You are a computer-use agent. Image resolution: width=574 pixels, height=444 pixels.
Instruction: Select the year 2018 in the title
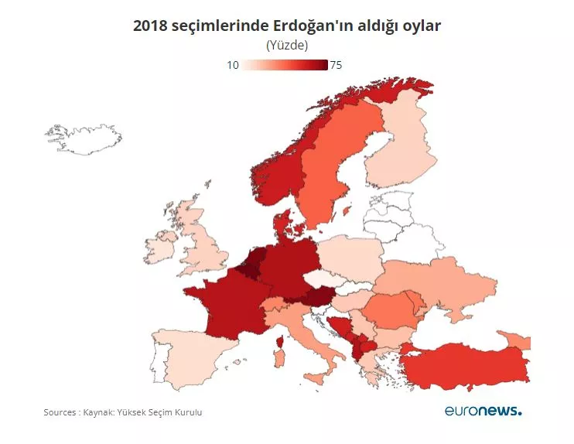(x=150, y=26)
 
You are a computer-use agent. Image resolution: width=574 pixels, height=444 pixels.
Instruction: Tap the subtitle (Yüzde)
(x=287, y=46)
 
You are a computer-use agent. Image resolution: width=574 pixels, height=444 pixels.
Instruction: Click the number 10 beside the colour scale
(x=232, y=65)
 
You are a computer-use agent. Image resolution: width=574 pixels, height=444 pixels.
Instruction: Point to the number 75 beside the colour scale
(x=336, y=65)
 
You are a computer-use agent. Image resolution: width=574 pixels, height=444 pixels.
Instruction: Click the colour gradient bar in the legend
(x=285, y=65)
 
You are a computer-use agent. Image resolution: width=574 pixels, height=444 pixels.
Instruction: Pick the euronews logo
(x=483, y=410)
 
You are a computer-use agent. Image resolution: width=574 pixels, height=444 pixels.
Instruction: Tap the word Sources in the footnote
(x=60, y=412)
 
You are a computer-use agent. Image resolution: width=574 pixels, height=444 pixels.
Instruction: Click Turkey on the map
(x=464, y=364)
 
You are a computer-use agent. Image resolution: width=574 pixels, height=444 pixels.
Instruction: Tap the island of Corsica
(x=279, y=341)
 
